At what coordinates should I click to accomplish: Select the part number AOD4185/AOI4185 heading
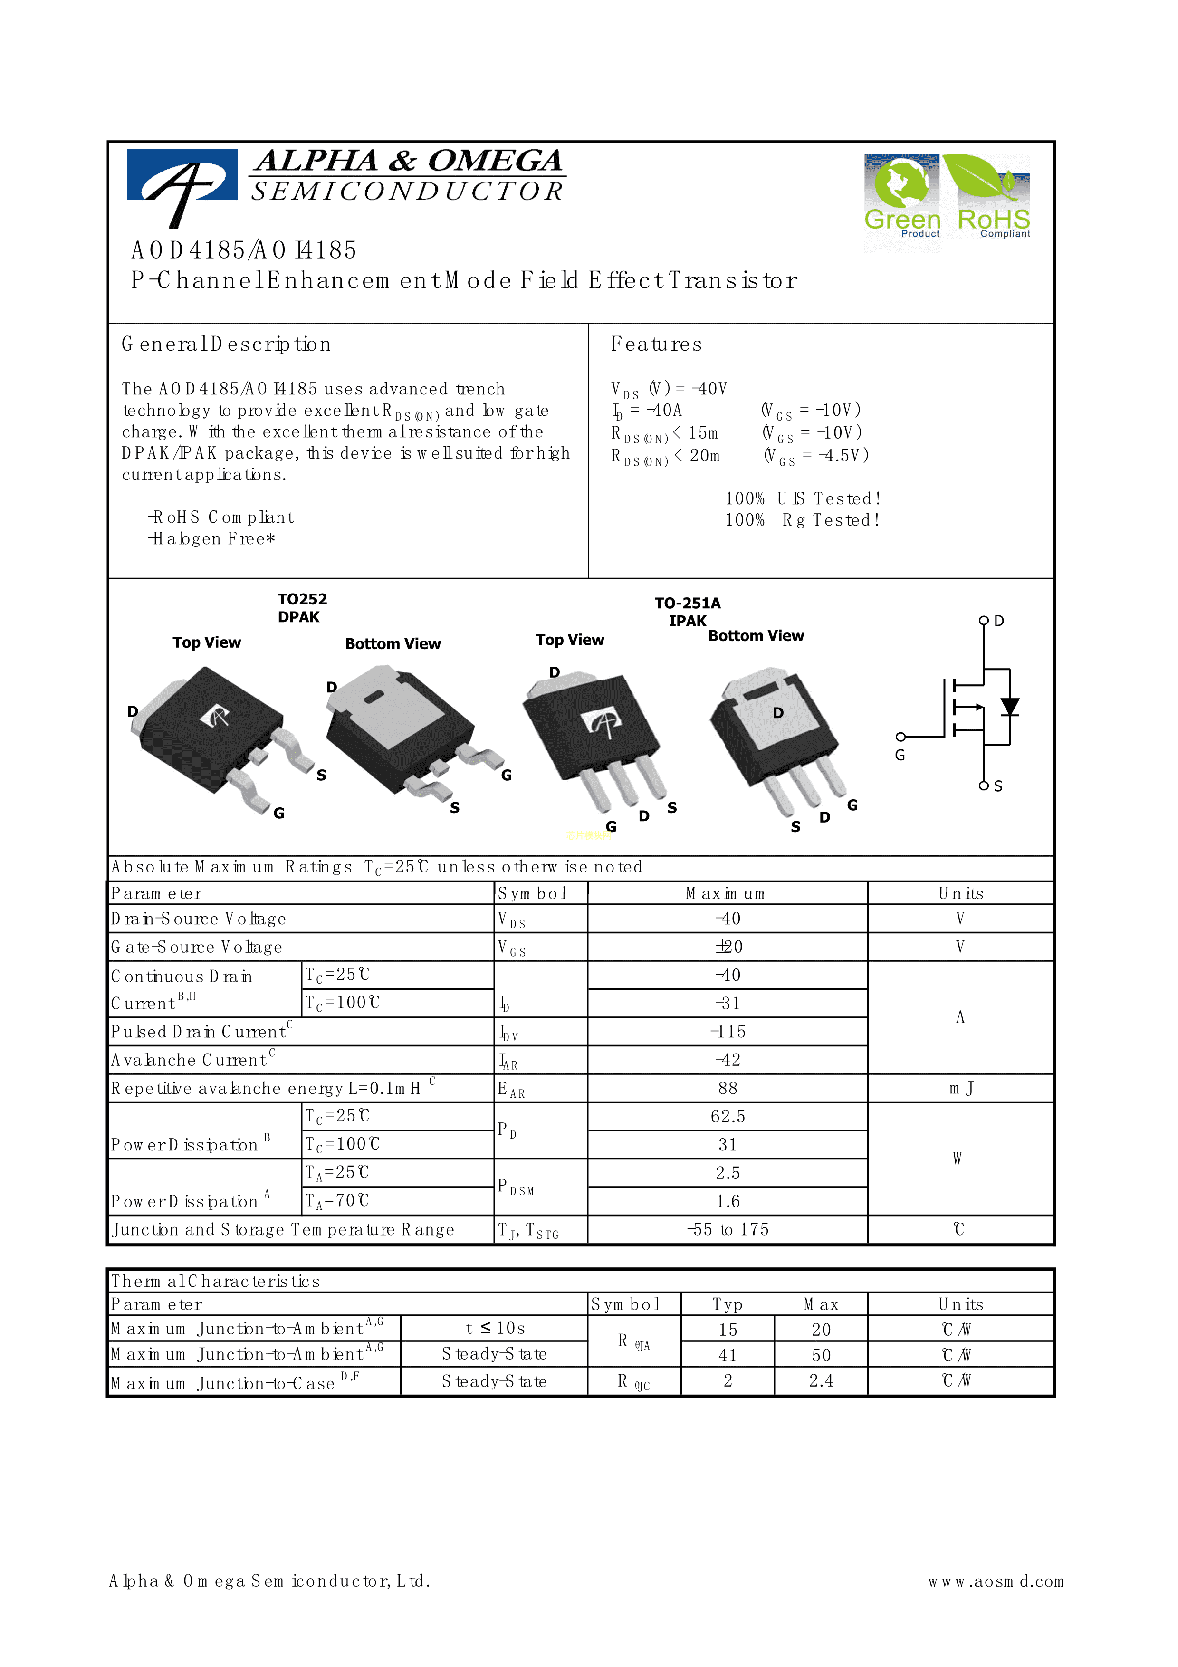(244, 250)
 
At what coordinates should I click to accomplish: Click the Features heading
(656, 344)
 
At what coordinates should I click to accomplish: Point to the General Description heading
(226, 344)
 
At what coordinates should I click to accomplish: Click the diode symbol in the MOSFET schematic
(1009, 707)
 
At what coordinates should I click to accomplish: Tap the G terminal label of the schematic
(900, 755)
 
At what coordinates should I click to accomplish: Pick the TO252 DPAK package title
(302, 608)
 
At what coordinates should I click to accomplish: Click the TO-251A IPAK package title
(687, 611)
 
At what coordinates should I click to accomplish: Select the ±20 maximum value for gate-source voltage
(728, 947)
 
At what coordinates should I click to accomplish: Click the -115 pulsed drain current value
(728, 1032)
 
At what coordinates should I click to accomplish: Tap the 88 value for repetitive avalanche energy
(728, 1088)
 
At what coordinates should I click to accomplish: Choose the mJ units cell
(960, 1088)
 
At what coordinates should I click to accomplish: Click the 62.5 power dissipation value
(728, 1117)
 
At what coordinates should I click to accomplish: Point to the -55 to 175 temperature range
(728, 1230)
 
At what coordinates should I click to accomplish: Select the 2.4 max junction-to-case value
(821, 1381)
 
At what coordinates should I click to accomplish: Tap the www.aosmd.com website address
(995, 1581)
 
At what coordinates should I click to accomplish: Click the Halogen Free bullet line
(211, 539)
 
